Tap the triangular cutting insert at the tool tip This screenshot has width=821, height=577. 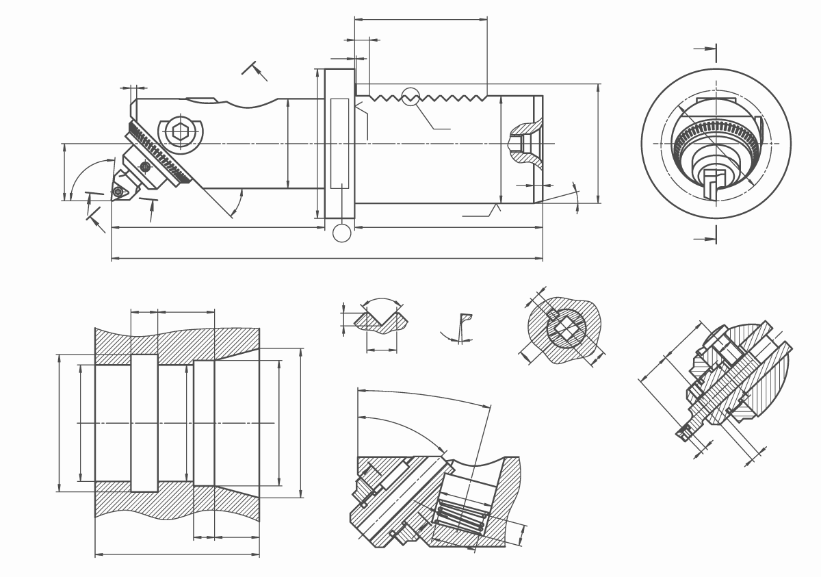click(120, 192)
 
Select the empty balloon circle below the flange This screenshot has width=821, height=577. click(341, 233)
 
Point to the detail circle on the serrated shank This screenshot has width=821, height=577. click(410, 97)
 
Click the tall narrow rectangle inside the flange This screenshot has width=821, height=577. click(339, 143)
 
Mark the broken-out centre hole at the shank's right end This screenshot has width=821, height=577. click(520, 143)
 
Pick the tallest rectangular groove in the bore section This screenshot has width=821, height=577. click(144, 423)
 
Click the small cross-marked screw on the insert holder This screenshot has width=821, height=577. click(145, 166)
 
